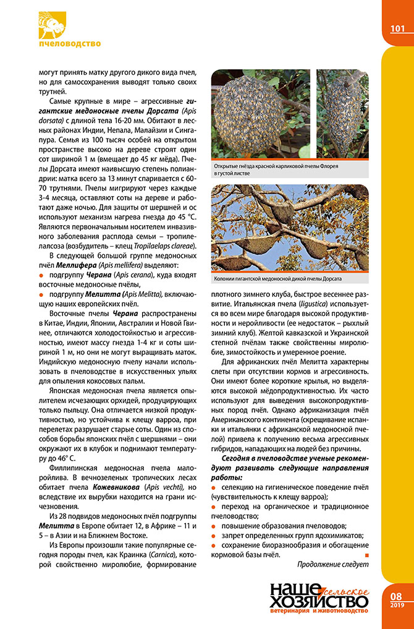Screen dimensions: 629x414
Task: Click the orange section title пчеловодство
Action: point(69,44)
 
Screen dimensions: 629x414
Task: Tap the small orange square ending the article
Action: point(366,554)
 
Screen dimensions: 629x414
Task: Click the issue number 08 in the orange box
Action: point(397,596)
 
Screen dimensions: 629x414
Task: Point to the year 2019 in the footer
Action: point(397,605)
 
